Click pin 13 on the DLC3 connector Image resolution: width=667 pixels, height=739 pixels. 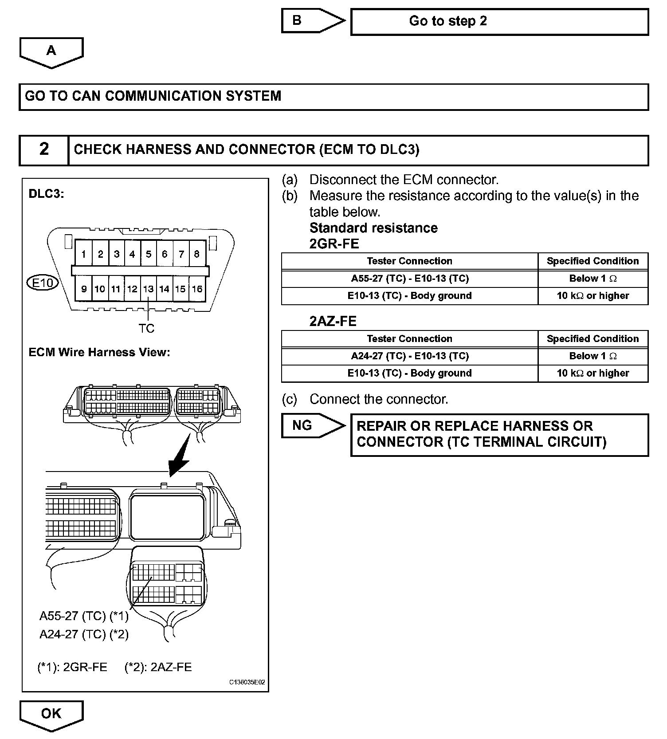(148, 289)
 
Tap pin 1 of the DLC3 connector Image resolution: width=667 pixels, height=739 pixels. (83, 254)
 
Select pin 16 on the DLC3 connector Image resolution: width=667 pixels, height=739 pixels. (197, 289)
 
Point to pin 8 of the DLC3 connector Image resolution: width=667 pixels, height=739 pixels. (197, 254)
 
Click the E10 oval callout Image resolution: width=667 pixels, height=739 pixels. (43, 283)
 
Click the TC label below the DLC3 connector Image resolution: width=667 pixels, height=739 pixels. (146, 328)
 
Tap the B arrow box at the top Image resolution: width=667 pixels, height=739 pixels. (312, 21)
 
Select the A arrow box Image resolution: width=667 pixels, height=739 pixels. (51, 51)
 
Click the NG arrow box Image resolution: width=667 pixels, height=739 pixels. (312, 426)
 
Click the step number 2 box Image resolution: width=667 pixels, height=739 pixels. (44, 150)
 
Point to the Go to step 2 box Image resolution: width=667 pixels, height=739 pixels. (499, 21)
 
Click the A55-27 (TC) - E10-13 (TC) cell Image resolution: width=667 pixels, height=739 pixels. (409, 279)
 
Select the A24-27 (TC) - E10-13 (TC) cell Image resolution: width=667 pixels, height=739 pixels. (409, 356)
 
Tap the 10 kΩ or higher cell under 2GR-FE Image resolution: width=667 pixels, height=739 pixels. (593, 296)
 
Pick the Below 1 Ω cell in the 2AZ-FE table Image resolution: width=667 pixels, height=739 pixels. (593, 356)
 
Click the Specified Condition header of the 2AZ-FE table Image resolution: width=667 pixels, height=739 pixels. (593, 339)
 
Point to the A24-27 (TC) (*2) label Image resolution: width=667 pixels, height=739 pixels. (84, 634)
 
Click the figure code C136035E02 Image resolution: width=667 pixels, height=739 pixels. (247, 682)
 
